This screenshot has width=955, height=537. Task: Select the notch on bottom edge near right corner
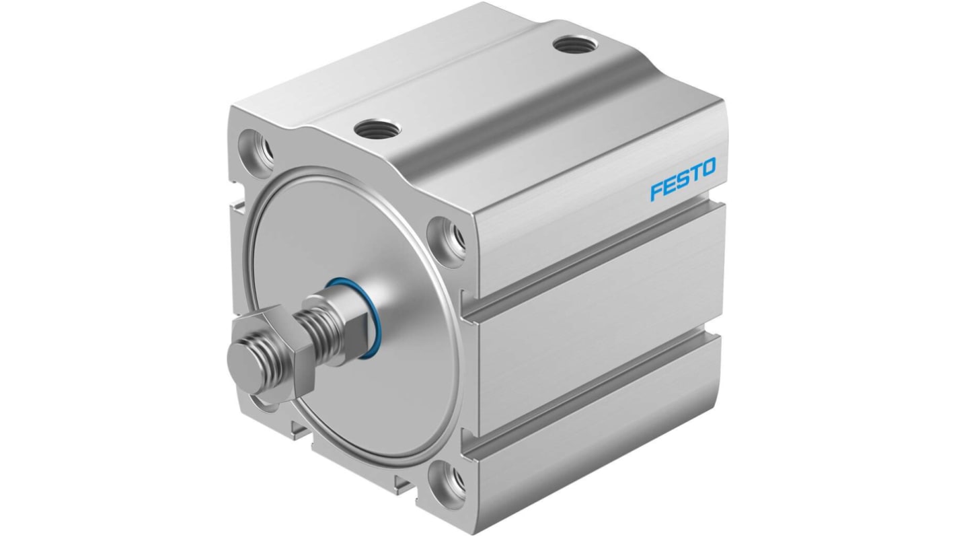404,481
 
